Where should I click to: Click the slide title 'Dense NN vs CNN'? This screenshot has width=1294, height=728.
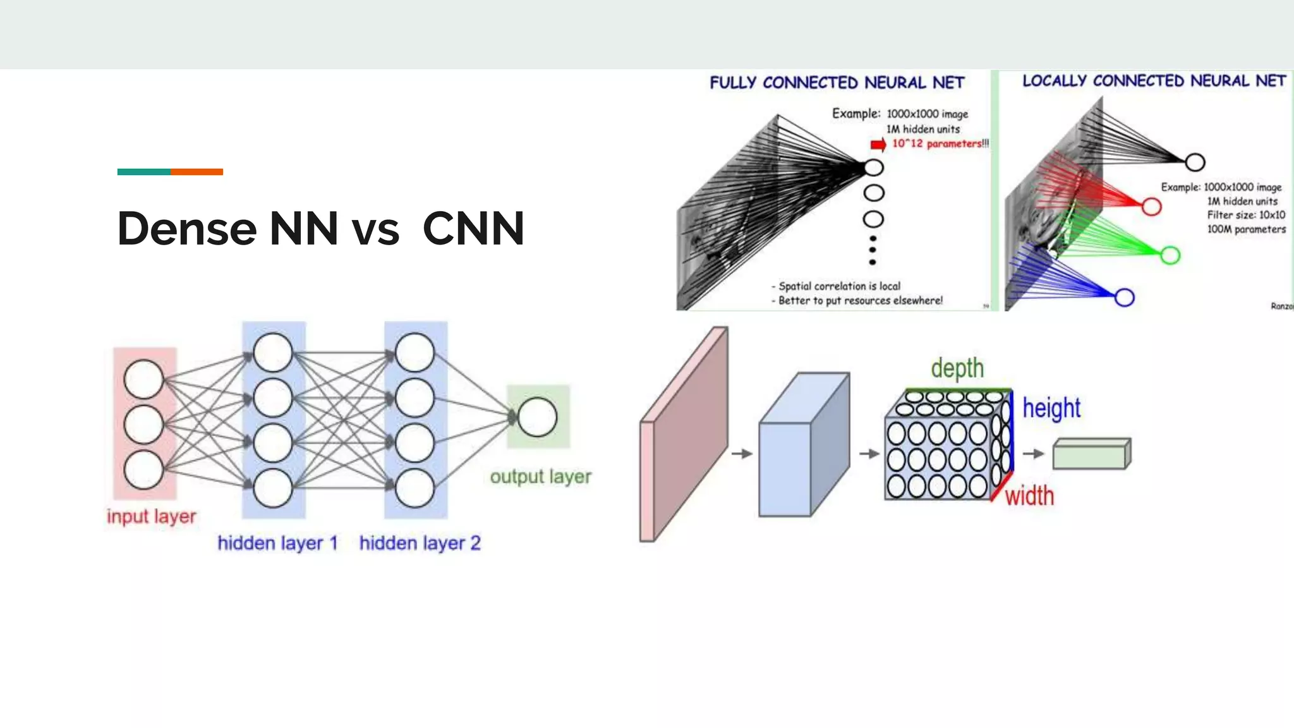click(320, 228)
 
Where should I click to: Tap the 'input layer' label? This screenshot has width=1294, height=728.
click(151, 516)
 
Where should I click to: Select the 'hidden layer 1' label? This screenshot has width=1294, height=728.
click(277, 543)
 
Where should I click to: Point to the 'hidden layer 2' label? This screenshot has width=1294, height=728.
click(420, 543)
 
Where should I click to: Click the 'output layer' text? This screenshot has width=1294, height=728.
click(540, 476)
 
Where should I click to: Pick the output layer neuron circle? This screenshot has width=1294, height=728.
click(537, 417)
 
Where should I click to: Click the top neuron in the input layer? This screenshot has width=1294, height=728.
click(143, 379)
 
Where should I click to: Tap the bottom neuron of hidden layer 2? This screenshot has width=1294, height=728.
click(414, 488)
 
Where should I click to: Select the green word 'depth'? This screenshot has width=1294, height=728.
click(957, 368)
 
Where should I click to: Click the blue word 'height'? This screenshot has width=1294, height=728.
click(1051, 408)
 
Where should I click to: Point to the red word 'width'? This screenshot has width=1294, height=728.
click(1029, 496)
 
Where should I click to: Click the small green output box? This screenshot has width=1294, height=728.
click(1091, 454)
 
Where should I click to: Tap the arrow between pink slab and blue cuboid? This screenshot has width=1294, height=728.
click(742, 454)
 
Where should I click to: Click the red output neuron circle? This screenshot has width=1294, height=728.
click(1151, 207)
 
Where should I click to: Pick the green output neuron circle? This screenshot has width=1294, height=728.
click(1170, 255)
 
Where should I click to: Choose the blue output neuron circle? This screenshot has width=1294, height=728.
click(1124, 298)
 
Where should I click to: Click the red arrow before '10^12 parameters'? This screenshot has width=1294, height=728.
click(878, 145)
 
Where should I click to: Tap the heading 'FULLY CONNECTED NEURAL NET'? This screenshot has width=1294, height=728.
click(837, 83)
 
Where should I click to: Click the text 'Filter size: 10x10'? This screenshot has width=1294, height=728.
click(1245, 215)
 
